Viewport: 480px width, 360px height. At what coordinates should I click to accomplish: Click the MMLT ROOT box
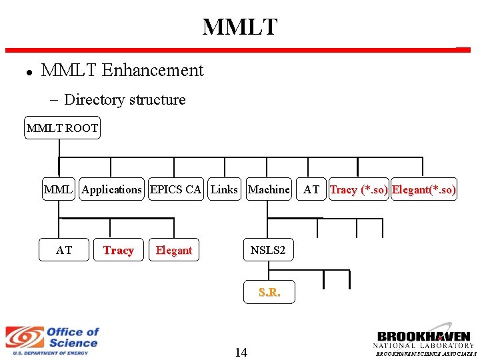pos(62,127)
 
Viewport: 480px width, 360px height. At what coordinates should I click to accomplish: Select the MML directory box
pos(59,189)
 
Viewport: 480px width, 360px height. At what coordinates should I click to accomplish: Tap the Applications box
pos(111,189)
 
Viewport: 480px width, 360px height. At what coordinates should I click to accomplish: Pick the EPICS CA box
pos(176,189)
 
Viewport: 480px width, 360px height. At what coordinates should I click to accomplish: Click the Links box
pos(225,189)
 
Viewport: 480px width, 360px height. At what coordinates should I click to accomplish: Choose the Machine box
pos(269,189)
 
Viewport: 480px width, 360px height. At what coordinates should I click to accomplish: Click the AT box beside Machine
pos(311,189)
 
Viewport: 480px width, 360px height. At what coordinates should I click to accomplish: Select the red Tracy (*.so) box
pos(359,189)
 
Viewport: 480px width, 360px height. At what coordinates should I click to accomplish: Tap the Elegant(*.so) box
pos(424,189)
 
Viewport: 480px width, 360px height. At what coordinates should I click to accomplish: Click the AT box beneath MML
pos(64,250)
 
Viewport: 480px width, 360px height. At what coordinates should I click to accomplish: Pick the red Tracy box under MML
pos(119,250)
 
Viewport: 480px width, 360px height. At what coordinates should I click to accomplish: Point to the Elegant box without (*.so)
pos(174,250)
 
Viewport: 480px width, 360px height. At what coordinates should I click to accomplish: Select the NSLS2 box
pos(269,250)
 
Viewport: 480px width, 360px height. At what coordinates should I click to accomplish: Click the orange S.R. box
pos(269,292)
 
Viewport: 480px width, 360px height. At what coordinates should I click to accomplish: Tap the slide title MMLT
pos(240,27)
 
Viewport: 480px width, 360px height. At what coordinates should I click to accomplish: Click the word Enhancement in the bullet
pos(153,70)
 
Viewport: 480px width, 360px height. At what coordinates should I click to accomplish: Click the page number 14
pos(241,353)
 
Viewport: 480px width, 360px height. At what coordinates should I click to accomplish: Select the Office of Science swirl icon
pos(25,337)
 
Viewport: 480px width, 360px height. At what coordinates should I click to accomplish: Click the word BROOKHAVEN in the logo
pos(424,337)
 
